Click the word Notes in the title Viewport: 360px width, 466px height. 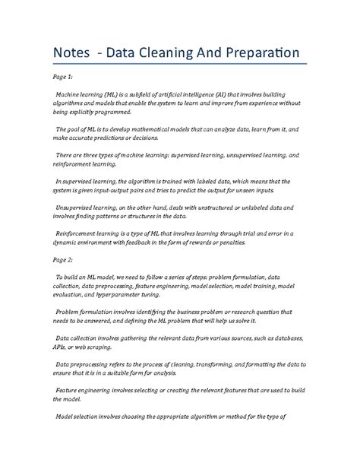click(x=71, y=54)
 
